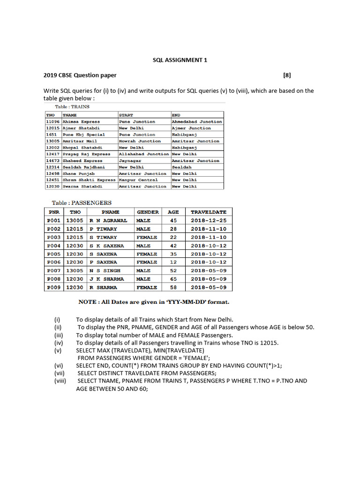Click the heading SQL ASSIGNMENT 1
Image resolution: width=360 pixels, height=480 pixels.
(180, 60)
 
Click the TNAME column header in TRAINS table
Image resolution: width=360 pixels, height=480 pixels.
(70, 115)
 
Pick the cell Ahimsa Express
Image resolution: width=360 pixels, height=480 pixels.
(81, 121)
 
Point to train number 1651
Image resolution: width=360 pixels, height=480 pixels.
(51, 135)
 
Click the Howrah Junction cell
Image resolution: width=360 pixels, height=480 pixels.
(140, 141)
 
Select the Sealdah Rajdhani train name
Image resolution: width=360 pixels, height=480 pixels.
(84, 167)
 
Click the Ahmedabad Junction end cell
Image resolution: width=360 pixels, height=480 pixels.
(197, 121)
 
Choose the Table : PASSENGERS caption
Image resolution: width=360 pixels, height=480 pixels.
(82, 203)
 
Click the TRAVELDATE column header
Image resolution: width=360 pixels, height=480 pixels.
(209, 212)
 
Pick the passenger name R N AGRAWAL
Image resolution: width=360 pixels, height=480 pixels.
(108, 220)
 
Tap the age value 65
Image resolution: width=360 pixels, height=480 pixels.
(173, 279)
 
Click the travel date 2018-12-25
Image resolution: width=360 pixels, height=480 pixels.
(209, 220)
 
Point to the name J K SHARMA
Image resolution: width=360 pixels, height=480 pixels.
(107, 279)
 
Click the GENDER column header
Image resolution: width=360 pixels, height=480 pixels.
(148, 212)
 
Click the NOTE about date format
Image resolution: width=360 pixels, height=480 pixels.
(154, 302)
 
